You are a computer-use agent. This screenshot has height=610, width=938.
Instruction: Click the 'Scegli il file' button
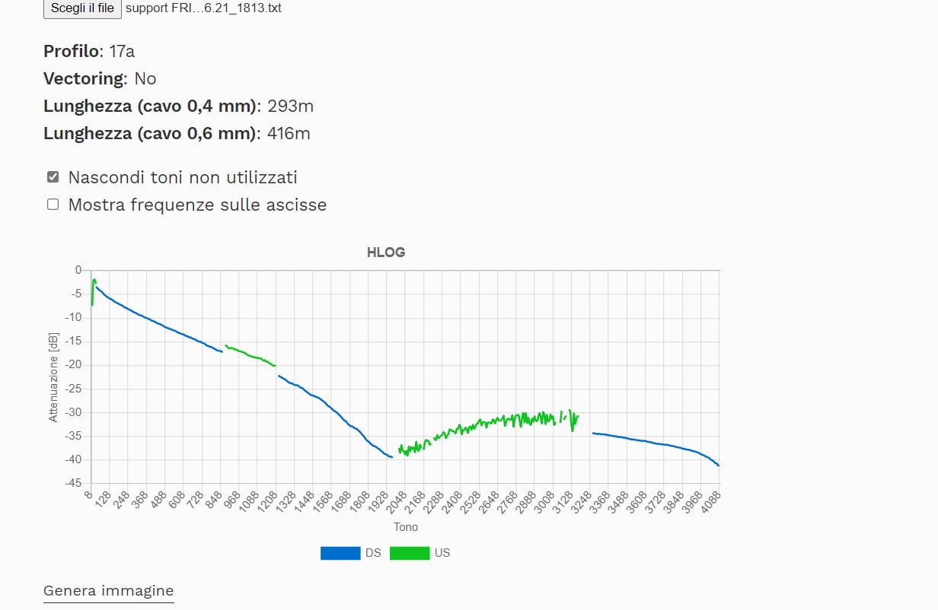coord(82,8)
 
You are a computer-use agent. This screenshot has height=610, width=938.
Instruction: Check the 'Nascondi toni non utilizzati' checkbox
coord(53,177)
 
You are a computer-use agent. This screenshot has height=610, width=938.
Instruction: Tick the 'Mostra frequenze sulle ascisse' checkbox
coord(53,205)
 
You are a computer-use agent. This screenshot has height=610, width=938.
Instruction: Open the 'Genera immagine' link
coord(108,591)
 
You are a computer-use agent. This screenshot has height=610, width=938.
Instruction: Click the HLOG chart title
coord(386,253)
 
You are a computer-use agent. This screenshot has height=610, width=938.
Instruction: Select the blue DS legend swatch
coord(340,553)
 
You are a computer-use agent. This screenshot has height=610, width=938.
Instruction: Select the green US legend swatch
coord(409,553)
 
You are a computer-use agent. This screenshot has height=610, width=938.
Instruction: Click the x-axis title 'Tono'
coord(405,527)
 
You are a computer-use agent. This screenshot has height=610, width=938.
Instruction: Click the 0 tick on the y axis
coord(78,270)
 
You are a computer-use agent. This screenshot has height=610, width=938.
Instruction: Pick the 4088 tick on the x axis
coord(710,501)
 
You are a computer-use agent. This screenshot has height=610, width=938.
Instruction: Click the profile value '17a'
coord(122,51)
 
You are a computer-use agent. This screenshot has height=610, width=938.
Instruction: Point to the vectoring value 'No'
coord(145,78)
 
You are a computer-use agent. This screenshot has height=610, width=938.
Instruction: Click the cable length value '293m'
coord(291,106)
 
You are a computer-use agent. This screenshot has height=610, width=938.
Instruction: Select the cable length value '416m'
coord(289,134)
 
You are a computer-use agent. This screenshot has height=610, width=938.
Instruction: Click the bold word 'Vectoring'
coord(84,78)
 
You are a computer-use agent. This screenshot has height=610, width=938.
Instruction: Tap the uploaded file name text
coord(203,8)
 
